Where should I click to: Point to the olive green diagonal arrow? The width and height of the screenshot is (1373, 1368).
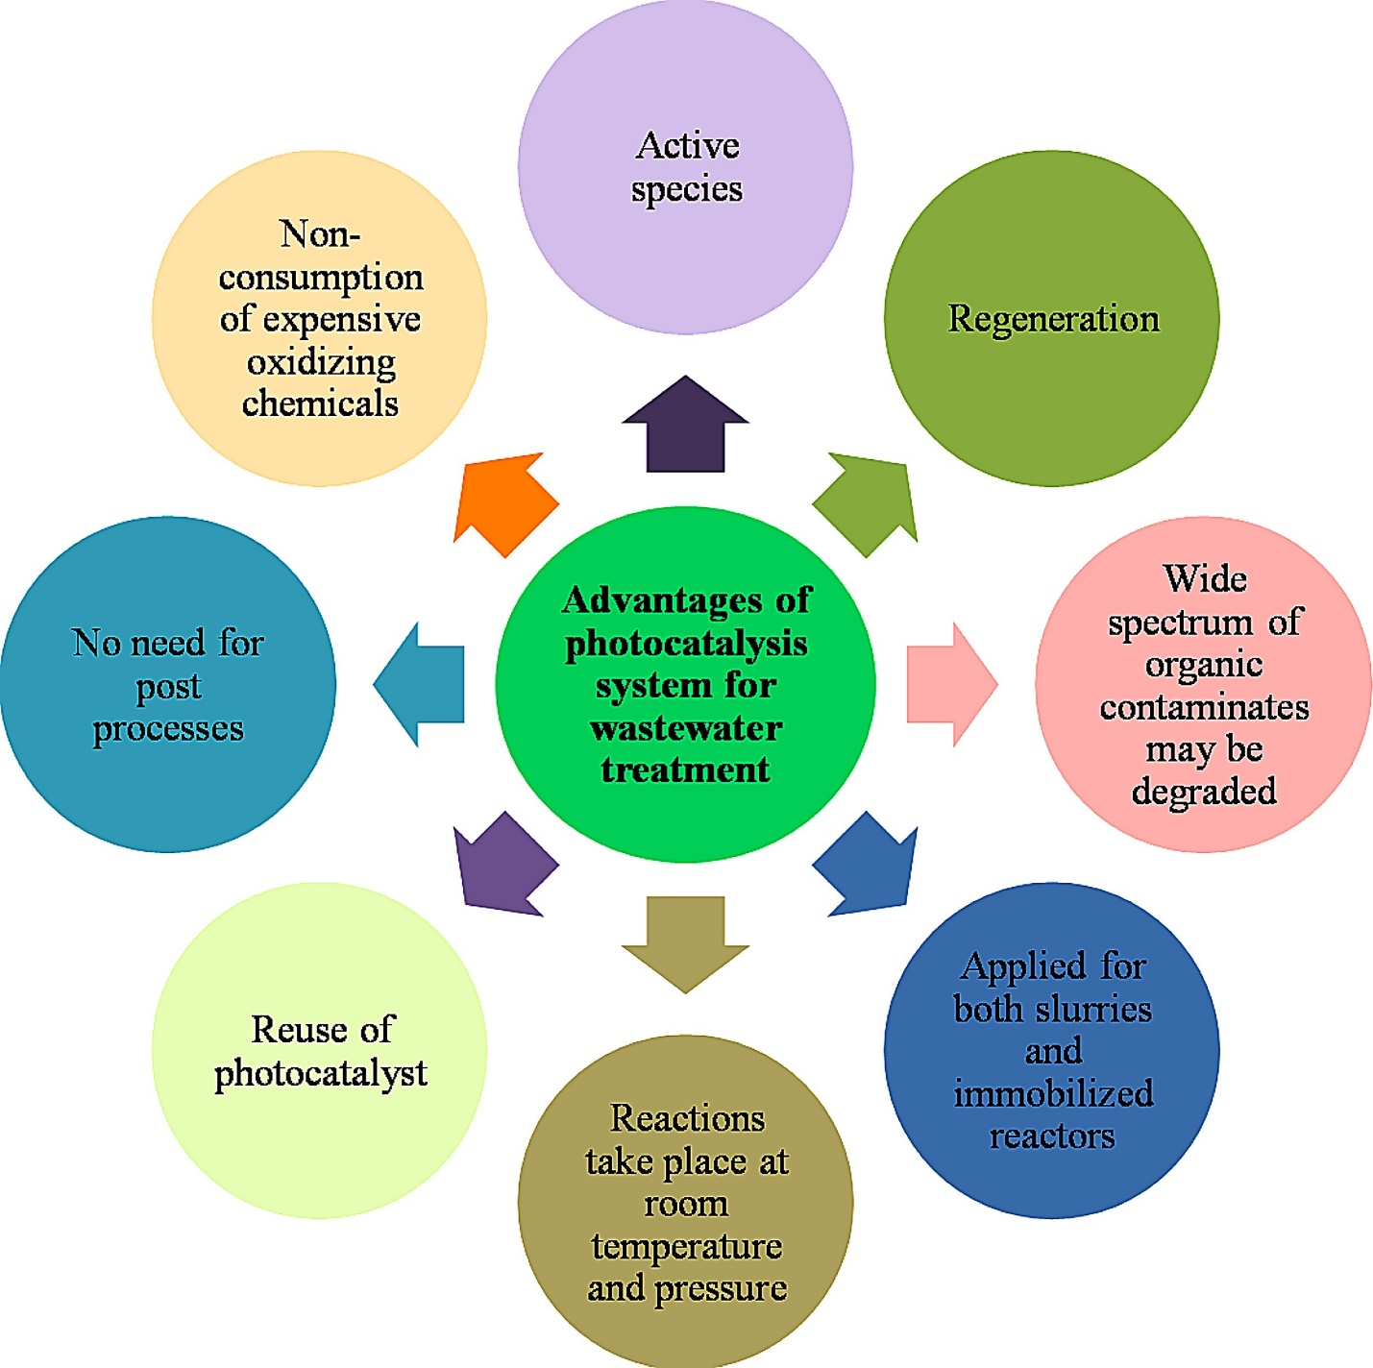868,504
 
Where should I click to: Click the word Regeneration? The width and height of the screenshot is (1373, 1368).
1053,319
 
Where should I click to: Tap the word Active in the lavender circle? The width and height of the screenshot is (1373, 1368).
687,146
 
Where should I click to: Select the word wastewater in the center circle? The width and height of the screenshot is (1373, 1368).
686,728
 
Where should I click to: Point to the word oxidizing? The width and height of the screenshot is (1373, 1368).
321,362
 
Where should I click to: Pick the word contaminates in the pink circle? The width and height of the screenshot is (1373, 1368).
1204,707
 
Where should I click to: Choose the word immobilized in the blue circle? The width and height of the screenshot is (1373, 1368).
1053,1093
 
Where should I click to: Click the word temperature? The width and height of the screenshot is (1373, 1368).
686,1246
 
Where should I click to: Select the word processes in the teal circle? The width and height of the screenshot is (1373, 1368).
168,729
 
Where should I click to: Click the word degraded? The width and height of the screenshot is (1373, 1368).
1204,792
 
